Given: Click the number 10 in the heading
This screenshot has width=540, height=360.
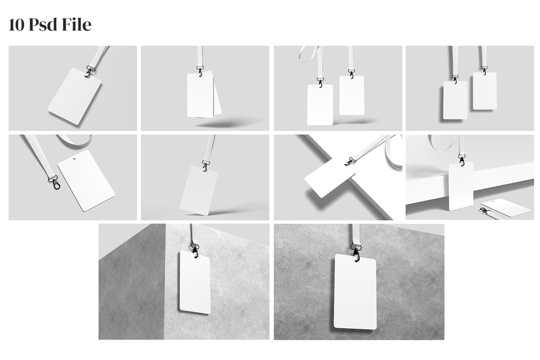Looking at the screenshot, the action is (x=17, y=25).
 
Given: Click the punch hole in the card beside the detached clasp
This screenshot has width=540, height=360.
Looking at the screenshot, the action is (x=74, y=160).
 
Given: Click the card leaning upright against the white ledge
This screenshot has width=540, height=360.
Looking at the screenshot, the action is (x=461, y=186).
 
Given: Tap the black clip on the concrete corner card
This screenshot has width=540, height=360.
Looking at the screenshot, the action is (x=196, y=250).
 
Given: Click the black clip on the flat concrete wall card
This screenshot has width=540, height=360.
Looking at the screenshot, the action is (x=355, y=251).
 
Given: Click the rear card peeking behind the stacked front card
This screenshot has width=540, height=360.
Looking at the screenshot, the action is (x=217, y=95).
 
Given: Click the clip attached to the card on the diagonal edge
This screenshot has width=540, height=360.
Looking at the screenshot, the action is (x=350, y=161).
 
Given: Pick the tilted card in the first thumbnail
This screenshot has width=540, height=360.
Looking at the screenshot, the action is (x=74, y=97).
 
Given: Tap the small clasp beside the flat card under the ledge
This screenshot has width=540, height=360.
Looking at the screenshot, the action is (x=485, y=210).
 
